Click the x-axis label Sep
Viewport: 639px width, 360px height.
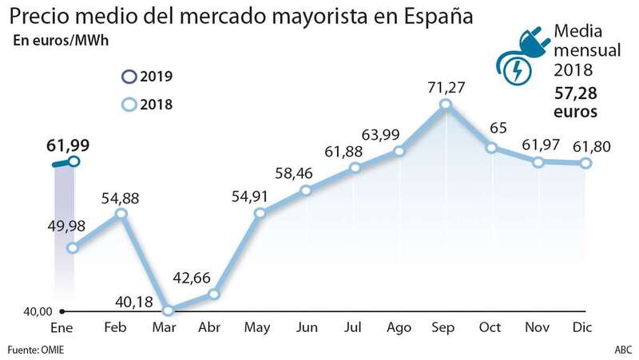click(x=446, y=327)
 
